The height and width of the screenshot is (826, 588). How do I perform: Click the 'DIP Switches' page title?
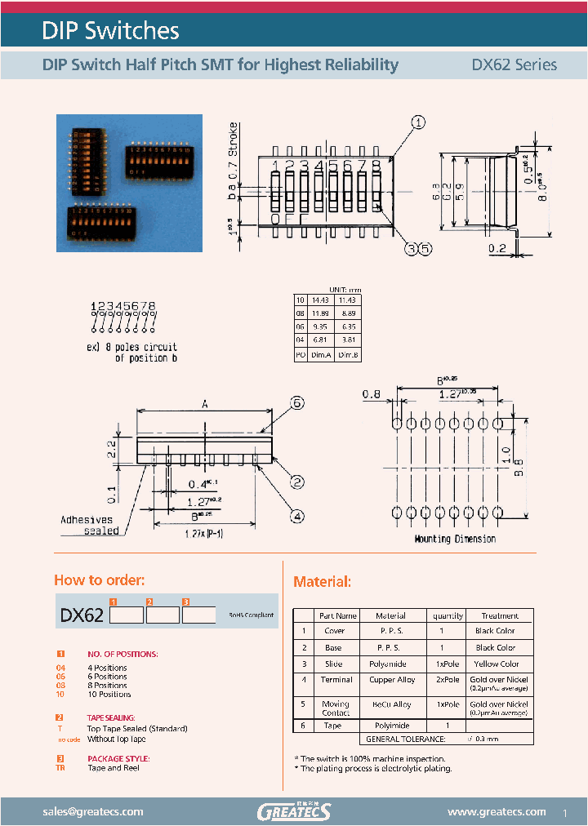[110, 31]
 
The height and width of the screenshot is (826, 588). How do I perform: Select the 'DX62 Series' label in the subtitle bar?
[514, 64]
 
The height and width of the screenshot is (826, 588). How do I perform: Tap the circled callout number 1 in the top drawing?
[417, 123]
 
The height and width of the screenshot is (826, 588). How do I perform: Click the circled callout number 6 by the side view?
[297, 402]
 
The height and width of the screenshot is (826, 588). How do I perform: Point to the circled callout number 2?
[297, 482]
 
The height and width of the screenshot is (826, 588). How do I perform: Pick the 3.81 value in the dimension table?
[350, 341]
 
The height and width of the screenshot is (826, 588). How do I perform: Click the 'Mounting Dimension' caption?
[455, 539]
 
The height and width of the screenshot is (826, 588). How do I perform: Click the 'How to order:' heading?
[99, 580]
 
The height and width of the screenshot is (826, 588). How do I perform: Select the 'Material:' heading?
[322, 582]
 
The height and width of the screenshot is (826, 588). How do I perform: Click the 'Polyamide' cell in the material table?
[390, 664]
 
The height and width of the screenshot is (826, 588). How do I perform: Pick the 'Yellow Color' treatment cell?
[497, 664]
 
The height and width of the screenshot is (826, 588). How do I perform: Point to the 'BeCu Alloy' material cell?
[390, 704]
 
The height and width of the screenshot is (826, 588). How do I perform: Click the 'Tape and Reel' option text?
[114, 768]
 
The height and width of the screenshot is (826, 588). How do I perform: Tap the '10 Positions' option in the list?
[109, 695]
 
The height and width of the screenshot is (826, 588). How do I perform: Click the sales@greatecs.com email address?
[92, 811]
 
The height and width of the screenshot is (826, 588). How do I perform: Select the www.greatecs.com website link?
[497, 811]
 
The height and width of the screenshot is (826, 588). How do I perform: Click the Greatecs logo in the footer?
[294, 811]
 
